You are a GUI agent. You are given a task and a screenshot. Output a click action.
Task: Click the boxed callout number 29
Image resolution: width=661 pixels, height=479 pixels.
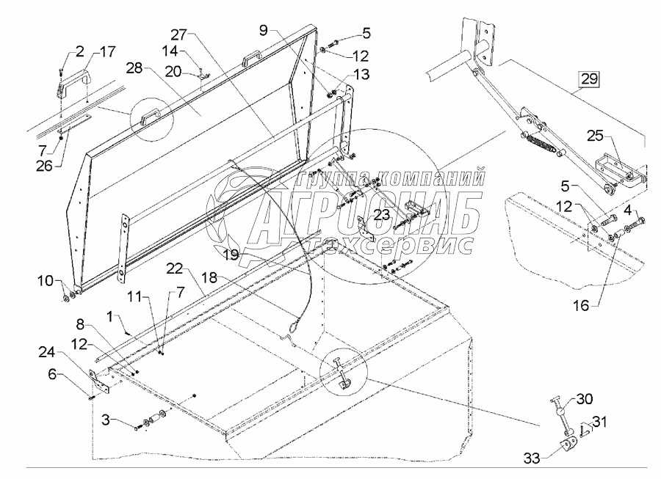tap(588, 77)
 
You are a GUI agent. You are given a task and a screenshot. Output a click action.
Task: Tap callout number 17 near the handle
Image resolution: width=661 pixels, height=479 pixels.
tap(108, 52)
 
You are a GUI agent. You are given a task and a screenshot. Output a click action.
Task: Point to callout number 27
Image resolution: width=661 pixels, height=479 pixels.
tap(179, 34)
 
